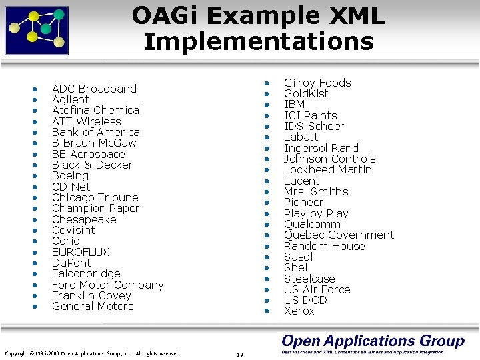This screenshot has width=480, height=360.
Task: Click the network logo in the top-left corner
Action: (x=37, y=29)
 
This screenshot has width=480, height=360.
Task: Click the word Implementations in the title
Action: (x=259, y=41)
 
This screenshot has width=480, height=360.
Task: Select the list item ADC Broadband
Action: (x=94, y=89)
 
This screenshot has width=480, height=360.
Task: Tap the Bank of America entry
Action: (x=95, y=132)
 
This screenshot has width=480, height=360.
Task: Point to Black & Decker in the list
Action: (x=92, y=165)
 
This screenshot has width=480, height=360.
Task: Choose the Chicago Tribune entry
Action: (x=95, y=197)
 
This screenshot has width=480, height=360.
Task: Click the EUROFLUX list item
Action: (x=80, y=252)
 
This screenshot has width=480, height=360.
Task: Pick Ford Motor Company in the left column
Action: (x=107, y=285)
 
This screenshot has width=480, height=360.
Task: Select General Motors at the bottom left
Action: (x=93, y=306)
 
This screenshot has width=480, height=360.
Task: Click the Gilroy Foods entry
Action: (x=317, y=83)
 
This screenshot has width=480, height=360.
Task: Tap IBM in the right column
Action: (x=294, y=105)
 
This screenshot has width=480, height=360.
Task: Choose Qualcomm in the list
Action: (x=312, y=224)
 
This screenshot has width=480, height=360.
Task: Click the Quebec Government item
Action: (x=339, y=235)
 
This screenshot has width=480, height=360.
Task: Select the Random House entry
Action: (x=324, y=246)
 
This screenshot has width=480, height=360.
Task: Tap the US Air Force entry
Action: (x=317, y=289)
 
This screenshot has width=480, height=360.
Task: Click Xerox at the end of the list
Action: (x=299, y=311)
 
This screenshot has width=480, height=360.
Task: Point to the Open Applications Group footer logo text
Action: (x=372, y=341)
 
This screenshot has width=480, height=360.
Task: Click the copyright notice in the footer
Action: (x=92, y=353)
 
